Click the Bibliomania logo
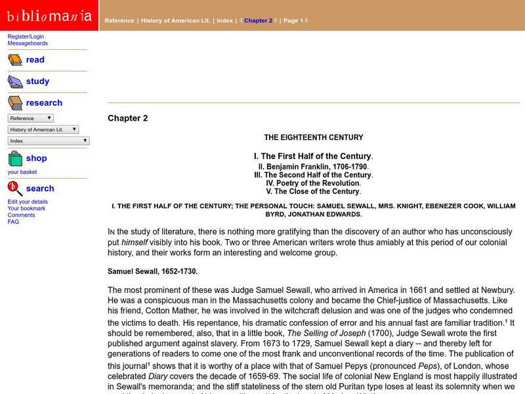click(49, 15)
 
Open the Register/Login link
click(26, 37)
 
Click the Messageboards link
click(28, 43)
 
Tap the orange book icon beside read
click(15, 60)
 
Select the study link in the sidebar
click(37, 81)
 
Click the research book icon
click(15, 103)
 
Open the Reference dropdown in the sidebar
click(31, 118)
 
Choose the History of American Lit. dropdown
click(43, 129)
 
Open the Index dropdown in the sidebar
click(49, 141)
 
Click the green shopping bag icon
click(15, 158)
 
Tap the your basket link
click(22, 172)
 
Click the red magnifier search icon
click(15, 188)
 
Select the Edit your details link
click(28, 202)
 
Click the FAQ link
click(13, 221)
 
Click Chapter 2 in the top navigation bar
click(258, 20)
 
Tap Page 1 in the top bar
click(293, 20)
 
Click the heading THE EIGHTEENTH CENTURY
click(313, 138)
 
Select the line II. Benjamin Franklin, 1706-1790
click(313, 167)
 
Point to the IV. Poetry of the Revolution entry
click(313, 183)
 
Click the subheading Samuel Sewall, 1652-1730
click(152, 271)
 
